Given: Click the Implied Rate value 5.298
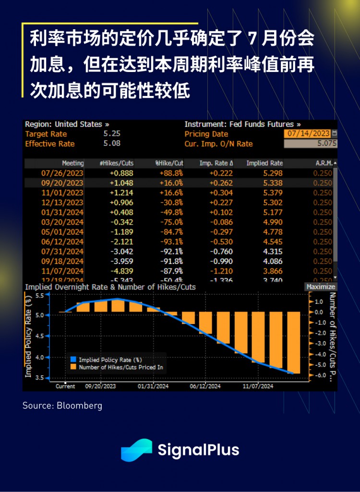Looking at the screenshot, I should (271, 173).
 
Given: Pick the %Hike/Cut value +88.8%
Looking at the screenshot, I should (171, 173).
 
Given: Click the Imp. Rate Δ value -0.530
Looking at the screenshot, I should (221, 242).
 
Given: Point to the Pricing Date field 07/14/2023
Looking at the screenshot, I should (307, 134).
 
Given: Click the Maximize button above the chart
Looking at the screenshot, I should (321, 287).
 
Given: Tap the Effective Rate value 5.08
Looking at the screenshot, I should (112, 144).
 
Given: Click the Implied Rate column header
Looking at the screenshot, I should (264, 163).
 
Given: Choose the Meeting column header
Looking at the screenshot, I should (72, 163).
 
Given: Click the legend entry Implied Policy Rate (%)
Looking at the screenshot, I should (110, 359).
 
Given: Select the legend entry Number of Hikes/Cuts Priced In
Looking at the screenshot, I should (120, 367).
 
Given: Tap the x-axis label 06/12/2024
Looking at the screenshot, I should (205, 386).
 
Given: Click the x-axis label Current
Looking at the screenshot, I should (65, 386).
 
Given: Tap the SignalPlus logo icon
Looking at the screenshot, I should (136, 450).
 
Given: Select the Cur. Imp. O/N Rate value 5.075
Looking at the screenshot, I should (310, 144).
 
